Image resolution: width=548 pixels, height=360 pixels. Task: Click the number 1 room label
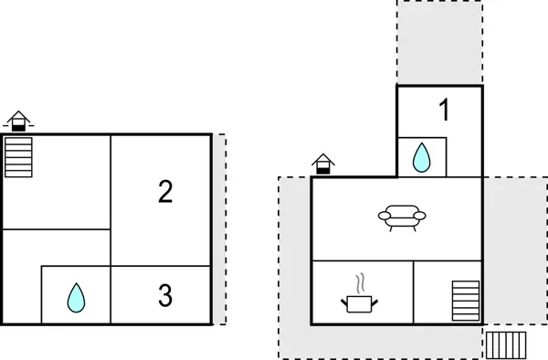click(444, 111)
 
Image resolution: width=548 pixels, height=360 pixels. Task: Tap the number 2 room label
click(164, 192)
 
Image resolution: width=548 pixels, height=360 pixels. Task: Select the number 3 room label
click(164, 295)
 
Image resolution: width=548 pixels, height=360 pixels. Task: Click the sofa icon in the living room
click(402, 217)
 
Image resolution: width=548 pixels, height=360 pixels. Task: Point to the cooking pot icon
click(359, 302)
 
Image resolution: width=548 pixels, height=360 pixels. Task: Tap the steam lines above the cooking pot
click(362, 279)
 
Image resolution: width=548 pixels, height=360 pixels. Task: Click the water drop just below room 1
click(421, 158)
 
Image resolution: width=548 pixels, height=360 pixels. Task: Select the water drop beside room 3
click(76, 297)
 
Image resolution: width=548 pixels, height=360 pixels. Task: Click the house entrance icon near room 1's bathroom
click(323, 164)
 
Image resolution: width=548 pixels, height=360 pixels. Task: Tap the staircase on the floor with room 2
click(18, 156)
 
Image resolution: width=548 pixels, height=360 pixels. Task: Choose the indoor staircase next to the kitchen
click(465, 301)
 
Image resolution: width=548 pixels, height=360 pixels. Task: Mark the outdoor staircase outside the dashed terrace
click(505, 345)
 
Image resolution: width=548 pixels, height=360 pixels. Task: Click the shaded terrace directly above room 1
click(439, 42)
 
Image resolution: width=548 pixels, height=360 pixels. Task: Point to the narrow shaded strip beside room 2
click(218, 228)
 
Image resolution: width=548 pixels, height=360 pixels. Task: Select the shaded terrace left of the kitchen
click(295, 265)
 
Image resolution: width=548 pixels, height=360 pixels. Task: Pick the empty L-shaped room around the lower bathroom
click(23, 274)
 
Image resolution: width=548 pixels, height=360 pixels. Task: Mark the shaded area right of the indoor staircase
click(501, 274)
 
